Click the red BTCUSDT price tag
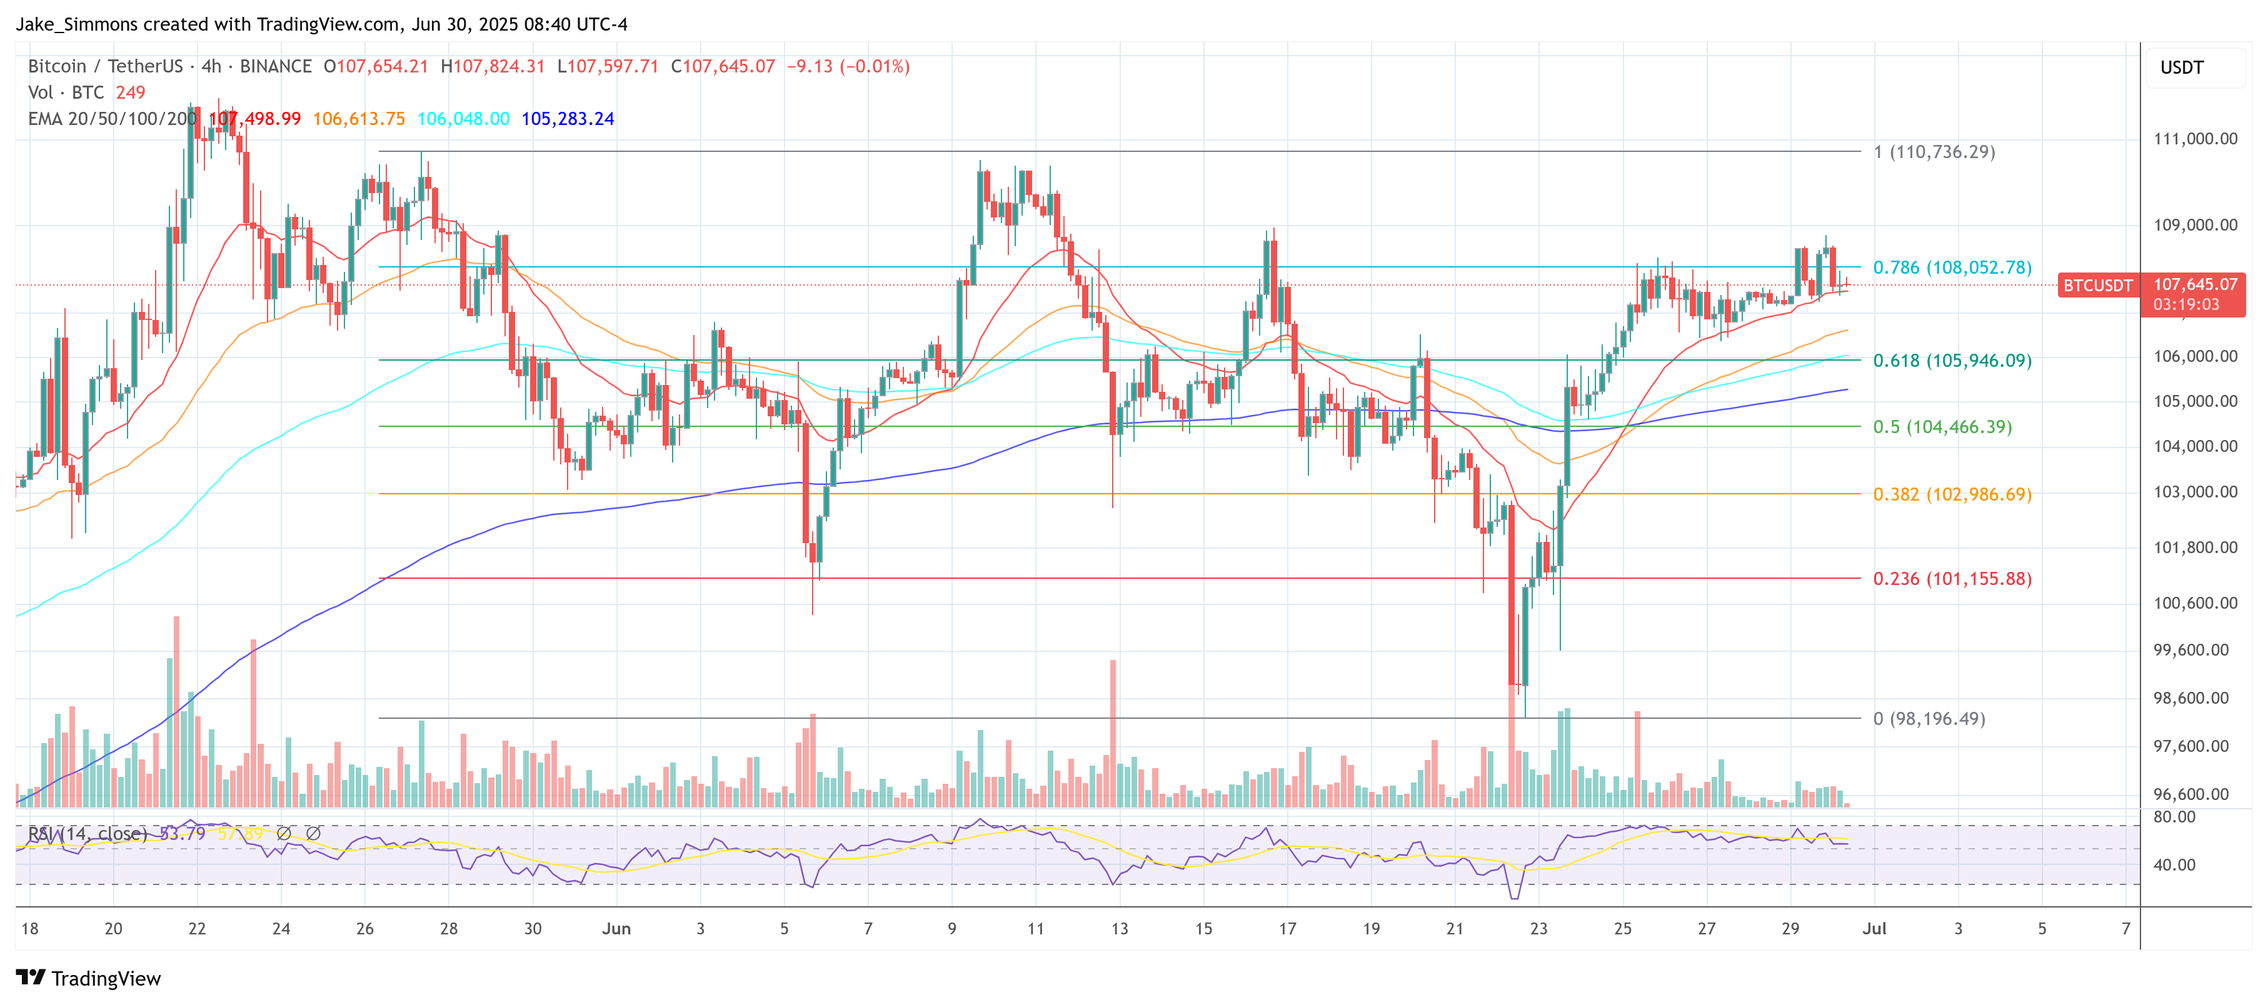[x=2098, y=285]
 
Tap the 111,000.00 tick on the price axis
[x=2195, y=138]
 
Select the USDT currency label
[x=2182, y=67]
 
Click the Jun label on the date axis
[x=616, y=928]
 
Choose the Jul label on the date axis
[x=1874, y=928]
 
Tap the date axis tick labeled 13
[x=1119, y=928]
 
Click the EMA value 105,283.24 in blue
[x=567, y=119]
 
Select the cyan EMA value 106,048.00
[x=463, y=119]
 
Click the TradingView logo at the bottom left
[x=89, y=979]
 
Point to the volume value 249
[x=130, y=92]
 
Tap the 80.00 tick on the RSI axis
[x=2174, y=817]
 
